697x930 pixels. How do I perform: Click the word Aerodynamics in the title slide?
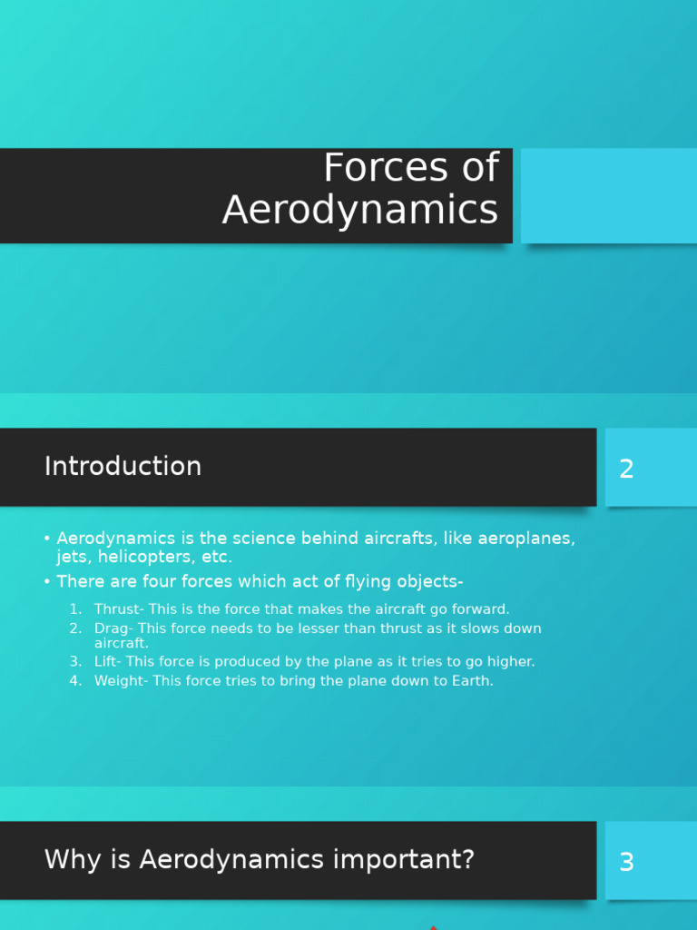360,210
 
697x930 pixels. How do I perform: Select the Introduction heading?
123,466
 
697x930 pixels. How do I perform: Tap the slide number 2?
626,470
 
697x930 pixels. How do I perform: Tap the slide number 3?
626,863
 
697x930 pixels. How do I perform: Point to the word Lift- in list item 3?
110,662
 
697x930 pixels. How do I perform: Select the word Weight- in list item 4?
122,681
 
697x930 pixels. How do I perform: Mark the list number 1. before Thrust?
76,609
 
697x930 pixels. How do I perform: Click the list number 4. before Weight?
76,681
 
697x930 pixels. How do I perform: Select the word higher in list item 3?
511,662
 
